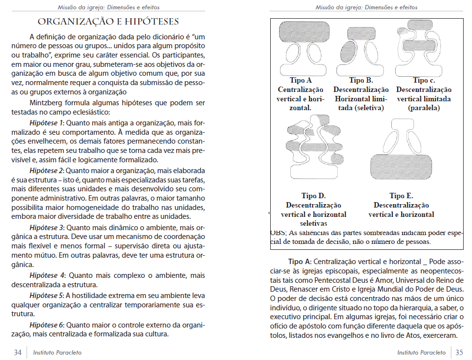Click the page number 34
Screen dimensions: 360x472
click(18, 352)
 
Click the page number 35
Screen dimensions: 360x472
click(459, 352)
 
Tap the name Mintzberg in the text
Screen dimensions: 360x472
click(47, 103)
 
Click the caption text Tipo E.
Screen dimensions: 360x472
click(401, 196)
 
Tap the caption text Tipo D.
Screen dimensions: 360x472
click(314, 196)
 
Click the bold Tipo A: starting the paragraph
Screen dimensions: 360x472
click(299, 261)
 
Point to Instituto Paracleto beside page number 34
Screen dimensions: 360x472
click(57, 352)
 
